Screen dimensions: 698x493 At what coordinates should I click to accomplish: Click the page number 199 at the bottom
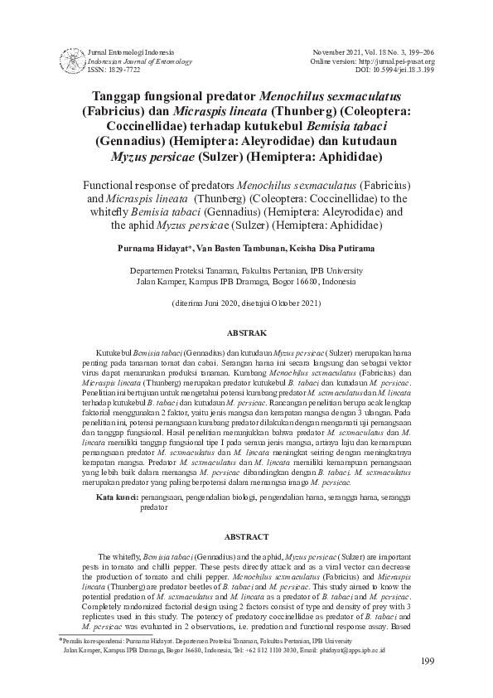[428, 661]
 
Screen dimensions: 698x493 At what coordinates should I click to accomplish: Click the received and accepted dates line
[246, 304]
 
